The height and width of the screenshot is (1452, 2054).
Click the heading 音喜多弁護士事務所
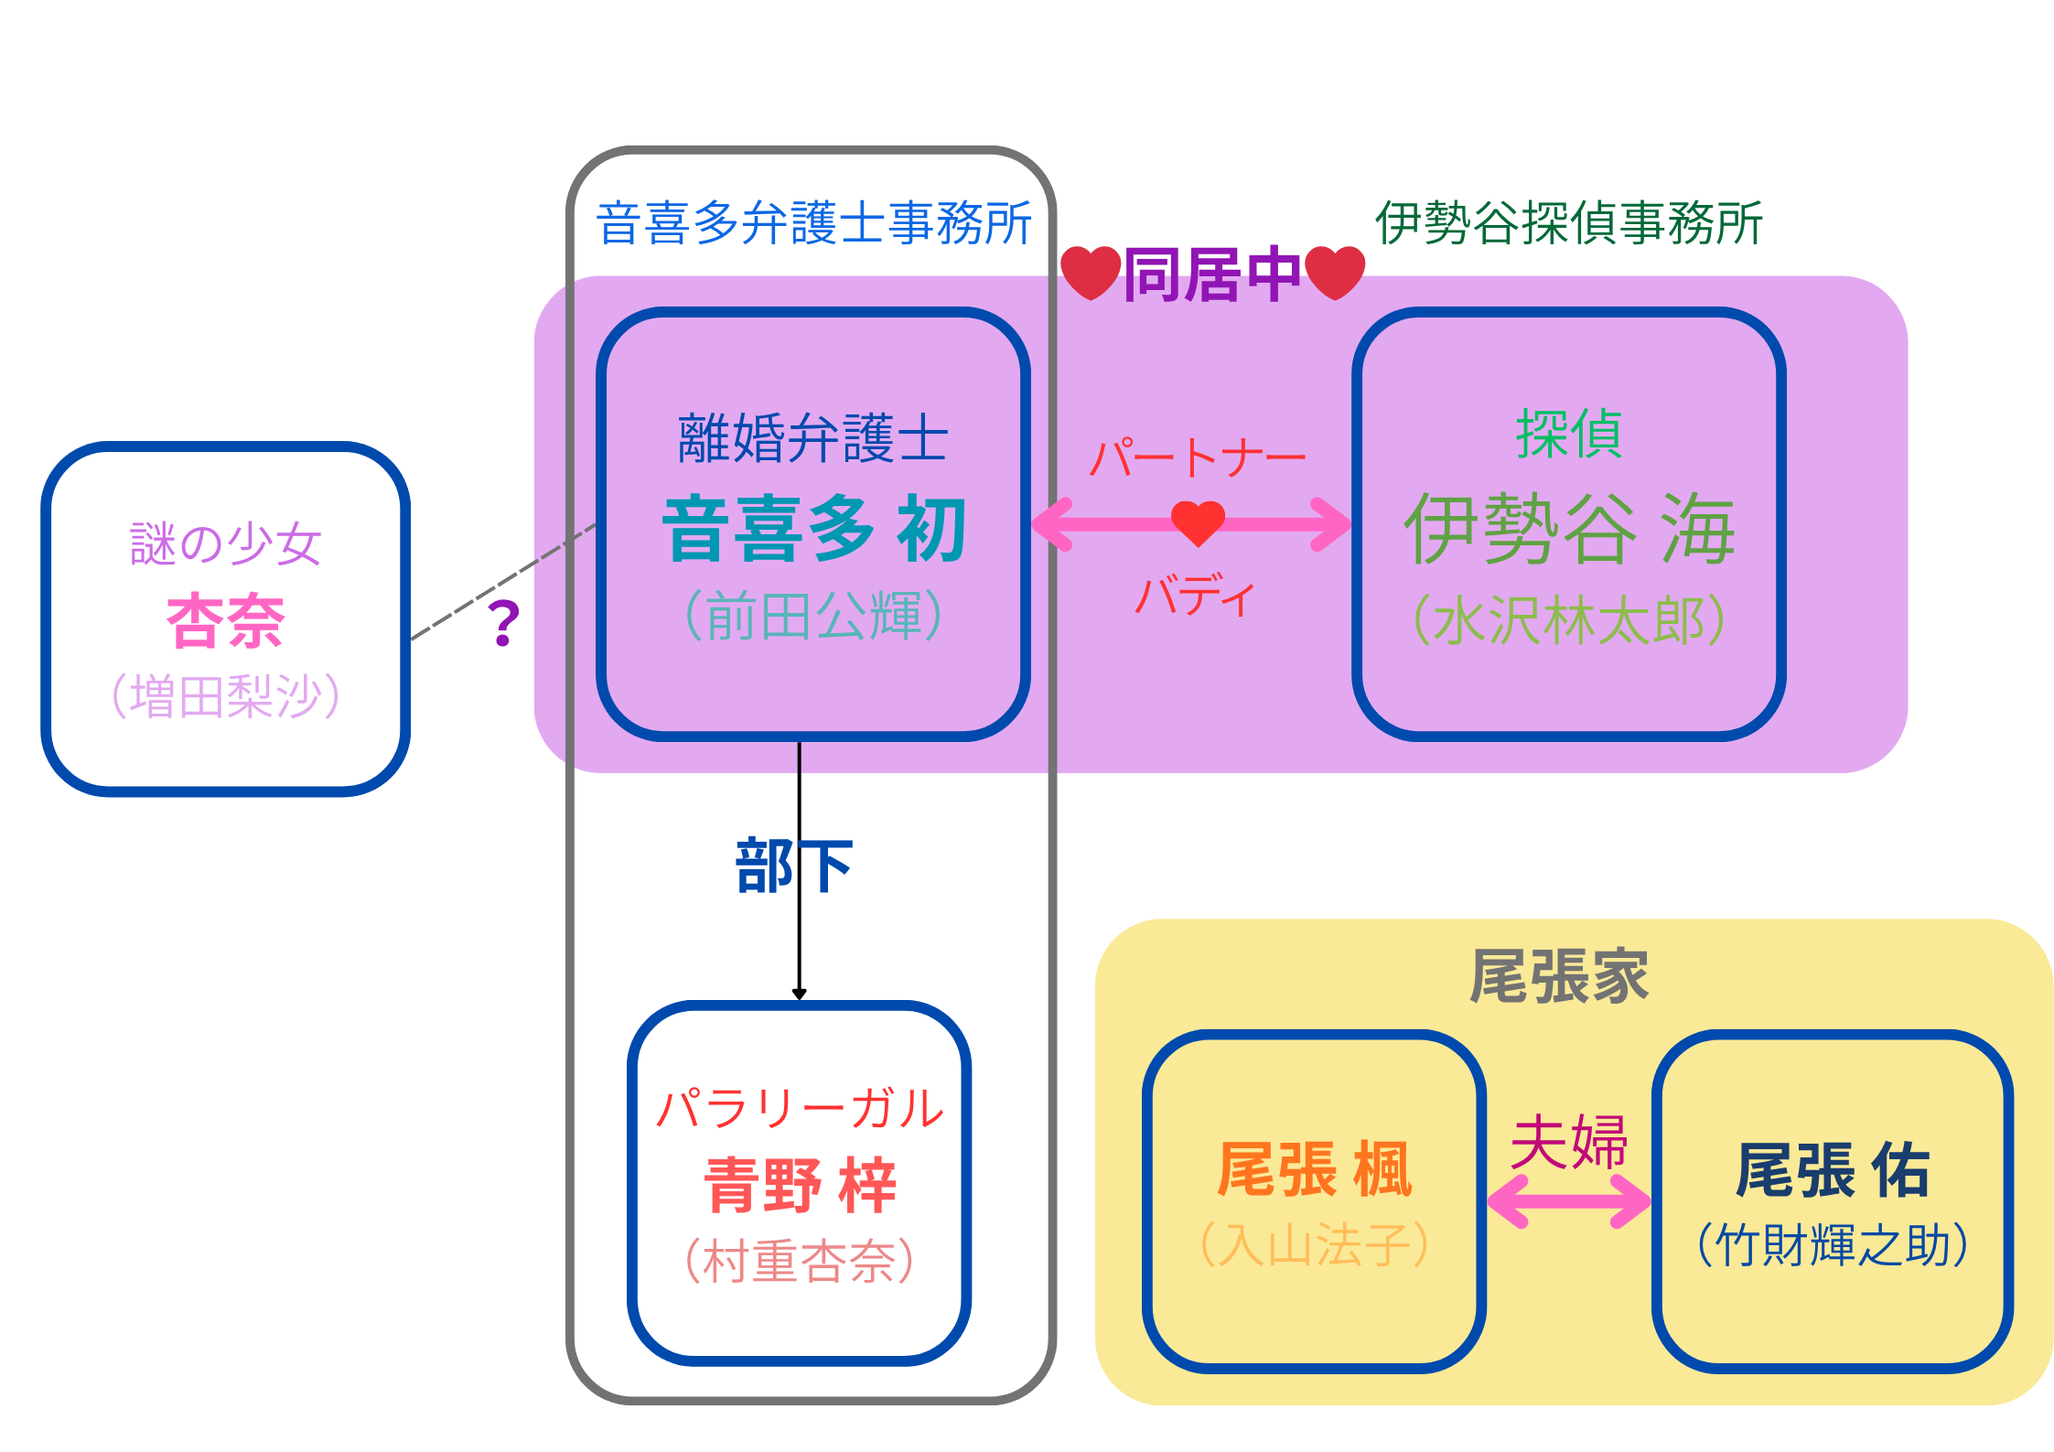(813, 224)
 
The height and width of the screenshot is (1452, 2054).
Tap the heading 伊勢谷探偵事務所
(1568, 224)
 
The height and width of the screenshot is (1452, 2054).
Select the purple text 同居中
(1211, 274)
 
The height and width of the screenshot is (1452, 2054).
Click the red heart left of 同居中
(1090, 272)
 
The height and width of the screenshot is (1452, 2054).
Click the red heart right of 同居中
(1335, 272)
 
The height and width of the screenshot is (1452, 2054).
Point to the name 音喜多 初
(813, 529)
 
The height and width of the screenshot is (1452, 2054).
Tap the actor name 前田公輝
(813, 616)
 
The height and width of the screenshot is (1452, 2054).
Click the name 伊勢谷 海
(1568, 529)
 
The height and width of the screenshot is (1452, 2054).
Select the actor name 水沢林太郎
(1568, 620)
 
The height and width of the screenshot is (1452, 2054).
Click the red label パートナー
(1197, 457)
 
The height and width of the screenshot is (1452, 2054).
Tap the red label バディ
(1195, 597)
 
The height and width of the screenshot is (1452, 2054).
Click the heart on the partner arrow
(1198, 522)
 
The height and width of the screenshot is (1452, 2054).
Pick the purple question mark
(504, 624)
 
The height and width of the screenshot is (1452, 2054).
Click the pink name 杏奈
(226, 621)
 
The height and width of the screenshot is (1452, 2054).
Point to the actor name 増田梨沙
(226, 696)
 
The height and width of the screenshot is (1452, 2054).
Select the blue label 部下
(793, 866)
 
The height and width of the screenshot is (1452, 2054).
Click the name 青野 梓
(800, 1185)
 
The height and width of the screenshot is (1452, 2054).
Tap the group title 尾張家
(1559, 976)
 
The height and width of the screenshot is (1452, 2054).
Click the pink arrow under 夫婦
(1568, 1200)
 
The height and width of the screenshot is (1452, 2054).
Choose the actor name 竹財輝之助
(1832, 1245)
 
